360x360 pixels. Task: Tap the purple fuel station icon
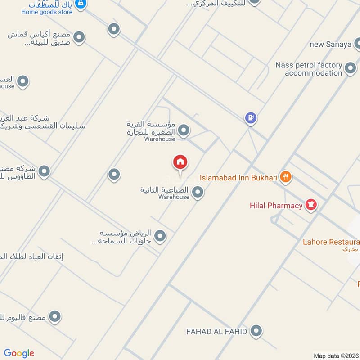251,118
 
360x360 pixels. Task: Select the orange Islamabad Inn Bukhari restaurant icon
285,177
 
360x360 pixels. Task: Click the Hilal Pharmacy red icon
311,206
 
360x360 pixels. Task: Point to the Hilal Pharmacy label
276,206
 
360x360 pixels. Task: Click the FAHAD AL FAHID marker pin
256,332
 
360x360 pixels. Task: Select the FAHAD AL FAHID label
217,332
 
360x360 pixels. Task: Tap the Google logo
19,353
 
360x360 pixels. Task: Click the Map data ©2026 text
336,355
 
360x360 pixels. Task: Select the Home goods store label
47,12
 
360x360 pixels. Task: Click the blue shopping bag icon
81,4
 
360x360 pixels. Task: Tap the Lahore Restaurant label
331,241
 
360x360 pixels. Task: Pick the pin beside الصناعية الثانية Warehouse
198,193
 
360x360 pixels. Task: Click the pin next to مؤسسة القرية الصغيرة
183,131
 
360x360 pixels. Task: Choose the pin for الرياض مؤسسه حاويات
160,236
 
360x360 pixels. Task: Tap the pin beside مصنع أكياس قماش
79,37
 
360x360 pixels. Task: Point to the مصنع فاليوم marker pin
55,317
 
